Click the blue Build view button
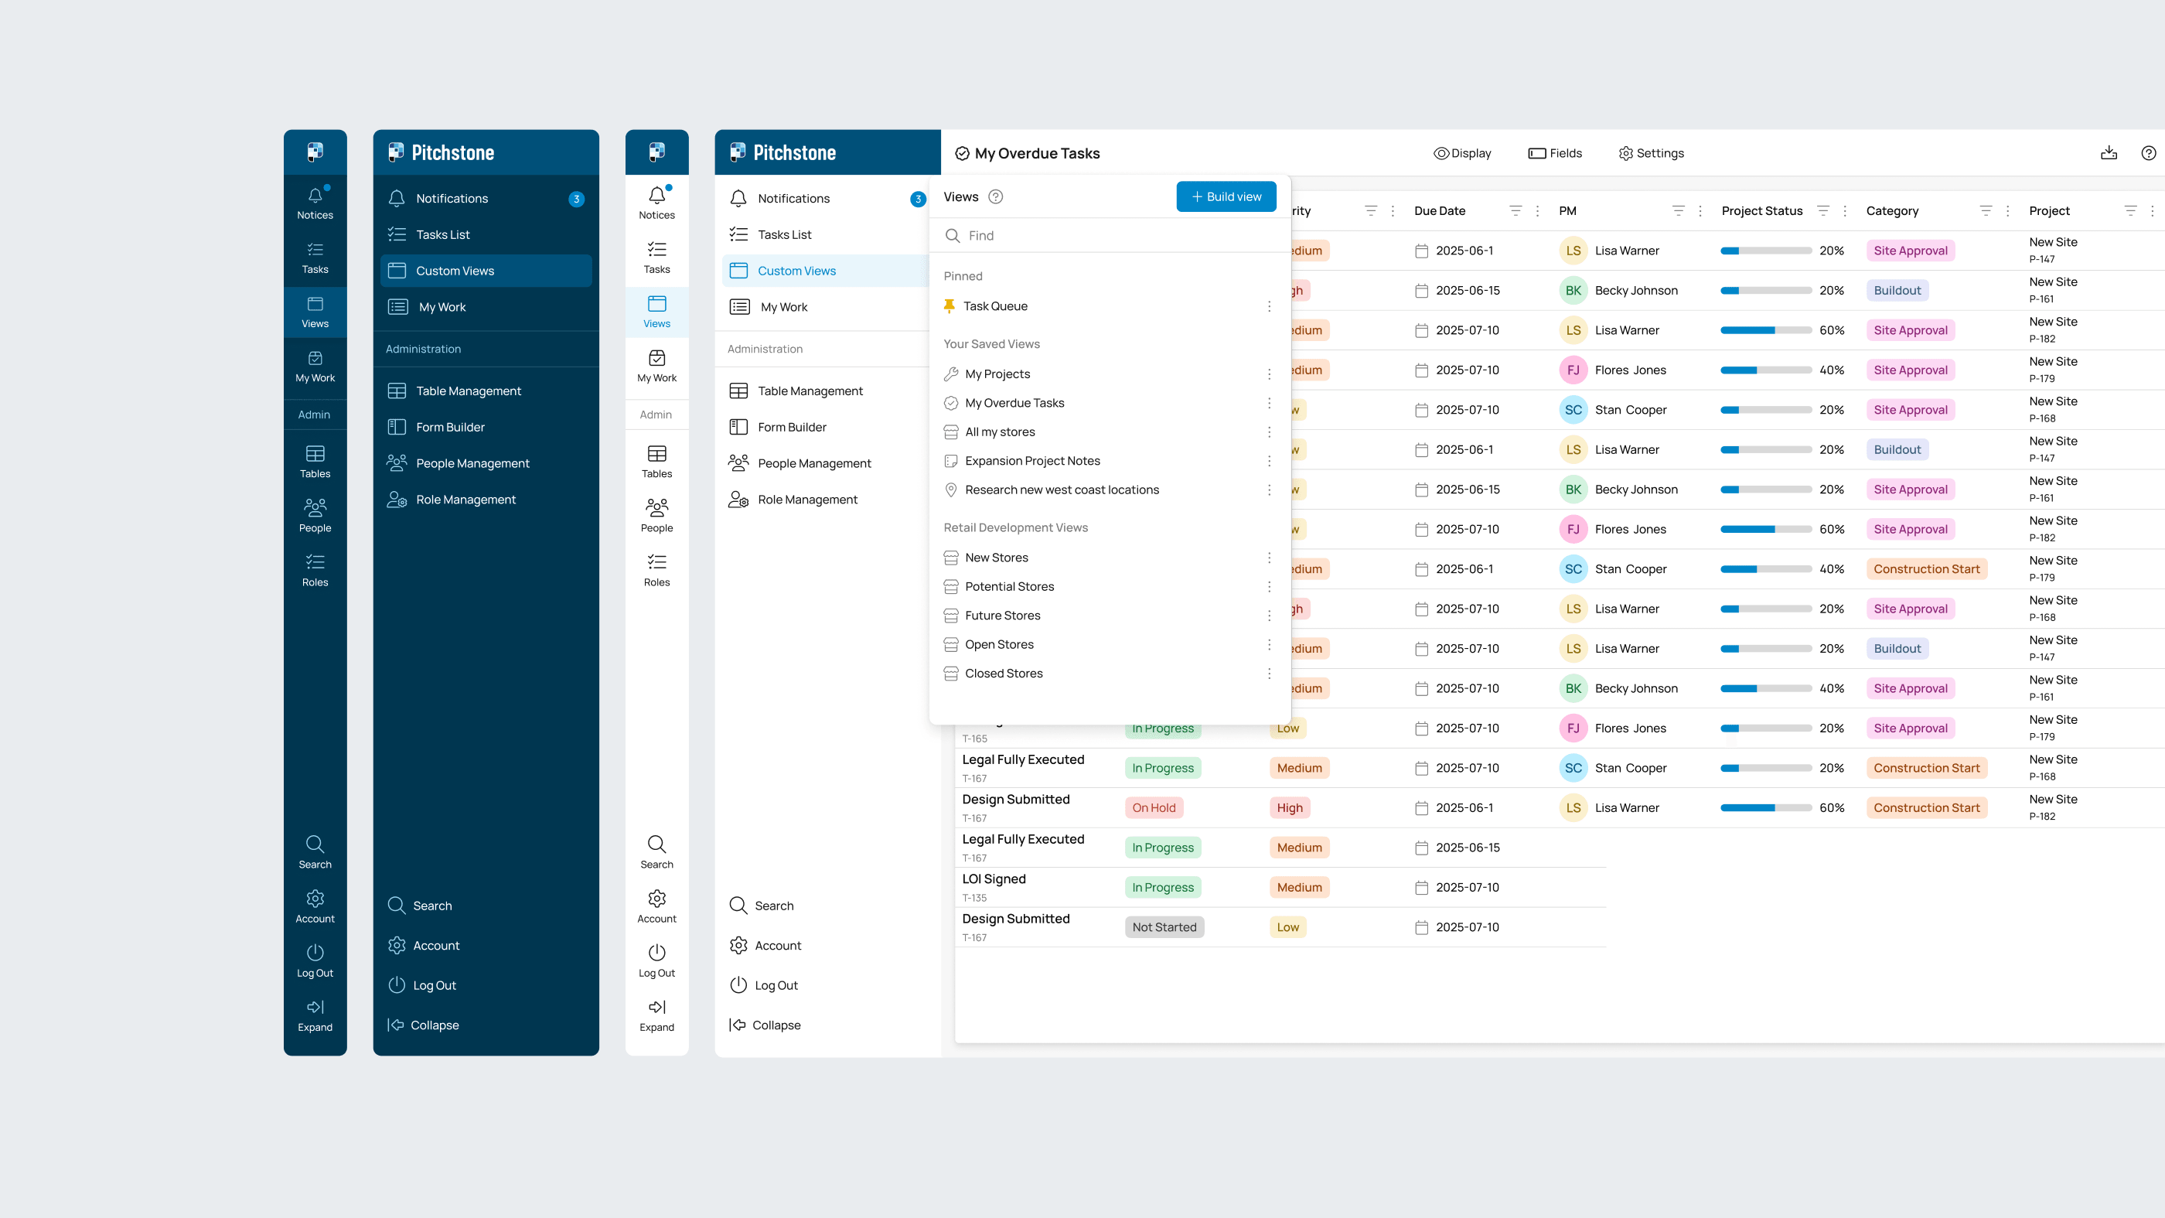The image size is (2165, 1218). click(x=1226, y=196)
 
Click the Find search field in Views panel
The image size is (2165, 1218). click(x=1110, y=235)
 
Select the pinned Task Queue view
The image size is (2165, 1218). click(x=995, y=306)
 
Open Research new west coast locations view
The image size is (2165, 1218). click(x=1062, y=490)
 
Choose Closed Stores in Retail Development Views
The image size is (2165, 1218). click(x=1004, y=674)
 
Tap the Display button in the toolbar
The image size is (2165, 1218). click(x=1462, y=153)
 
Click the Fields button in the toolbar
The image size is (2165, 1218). click(x=1555, y=153)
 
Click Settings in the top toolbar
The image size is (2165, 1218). click(x=1652, y=153)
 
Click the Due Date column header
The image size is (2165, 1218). click(x=1440, y=211)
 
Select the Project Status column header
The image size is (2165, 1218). click(x=1761, y=211)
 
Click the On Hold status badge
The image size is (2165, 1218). click(x=1153, y=808)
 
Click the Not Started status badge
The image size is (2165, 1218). click(x=1164, y=927)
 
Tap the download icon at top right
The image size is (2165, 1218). click(x=2109, y=153)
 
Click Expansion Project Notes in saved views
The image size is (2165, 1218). click(x=1032, y=461)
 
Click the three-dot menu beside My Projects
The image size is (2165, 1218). click(x=1269, y=374)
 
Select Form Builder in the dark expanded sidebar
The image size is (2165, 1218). click(x=451, y=427)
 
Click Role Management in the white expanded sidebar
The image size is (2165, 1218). click(x=806, y=500)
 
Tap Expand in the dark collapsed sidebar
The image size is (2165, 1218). click(x=315, y=1015)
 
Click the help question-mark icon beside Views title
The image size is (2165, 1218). click(x=996, y=196)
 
